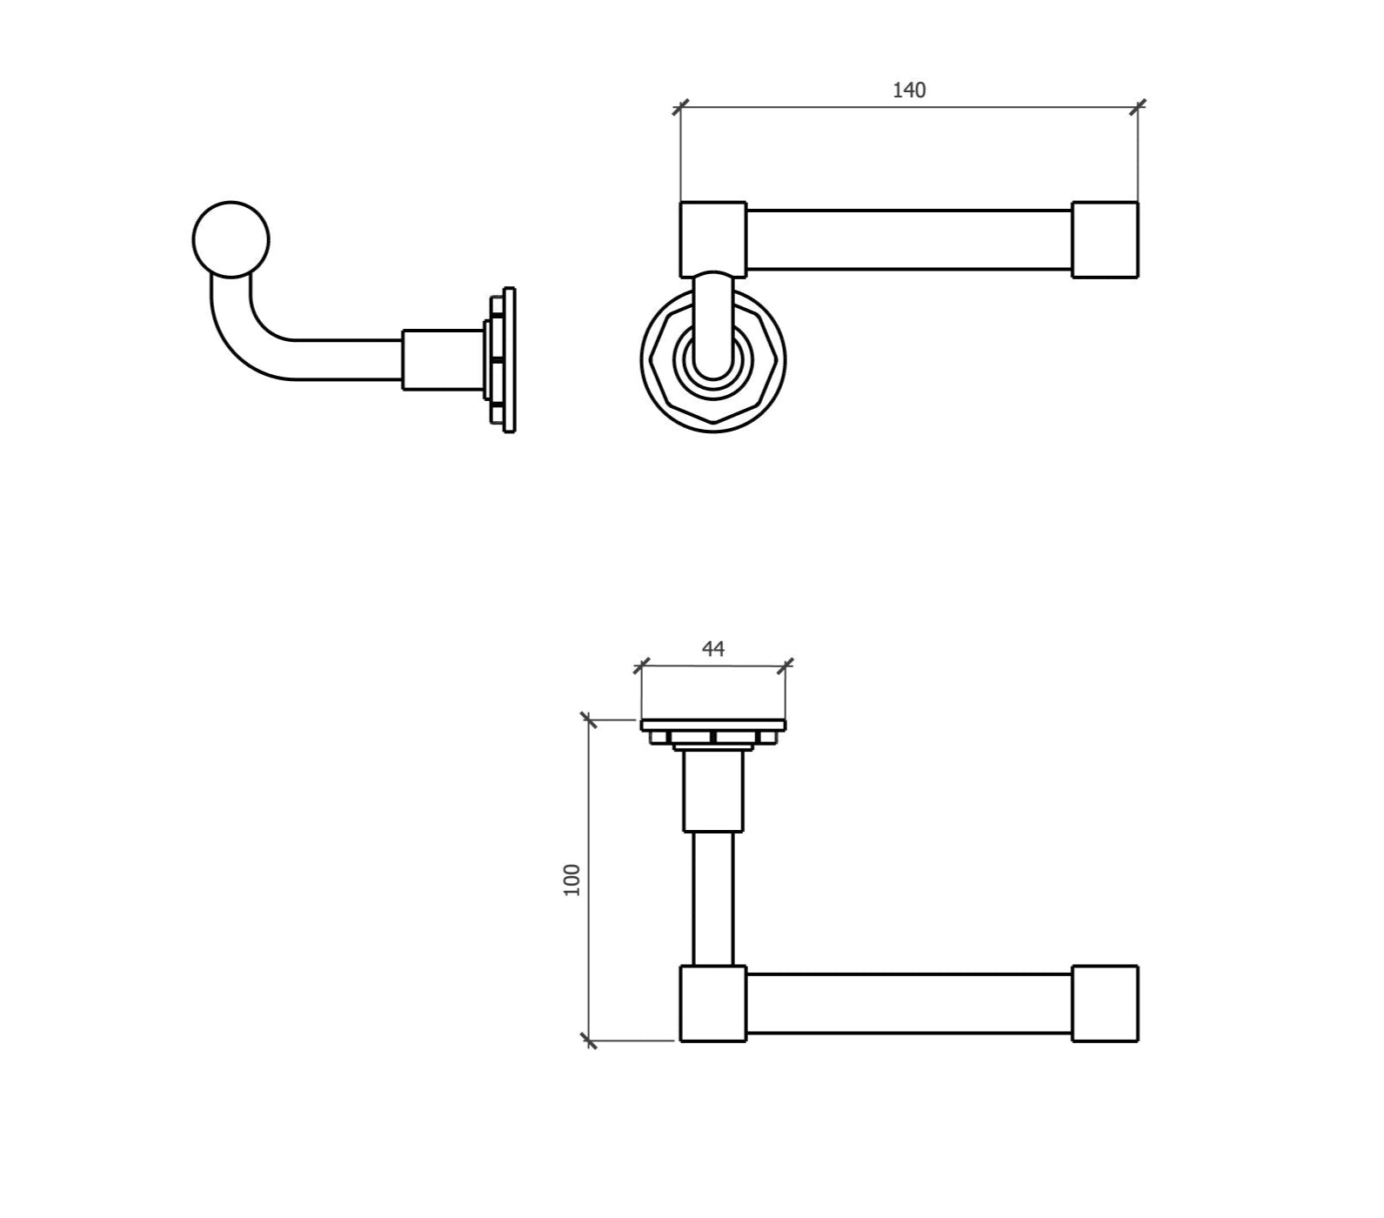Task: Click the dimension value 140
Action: pyautogui.click(x=909, y=90)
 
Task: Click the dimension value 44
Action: pyautogui.click(x=713, y=649)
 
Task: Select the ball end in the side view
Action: pyautogui.click(x=231, y=239)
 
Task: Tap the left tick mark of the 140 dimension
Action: pyautogui.click(x=680, y=108)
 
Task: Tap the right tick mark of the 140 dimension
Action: pyautogui.click(x=1138, y=108)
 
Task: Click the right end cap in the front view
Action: pyautogui.click(x=1105, y=240)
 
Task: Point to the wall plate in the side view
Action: pyautogui.click(x=510, y=360)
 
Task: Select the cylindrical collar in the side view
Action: pyautogui.click(x=443, y=359)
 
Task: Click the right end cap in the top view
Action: pyautogui.click(x=1105, y=1003)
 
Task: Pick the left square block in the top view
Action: pyautogui.click(x=712, y=1003)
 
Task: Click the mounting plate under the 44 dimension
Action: pyautogui.click(x=713, y=725)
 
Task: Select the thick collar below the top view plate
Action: pyautogui.click(x=713, y=792)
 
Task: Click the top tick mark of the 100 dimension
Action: pyautogui.click(x=589, y=720)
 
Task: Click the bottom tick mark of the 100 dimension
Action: pyautogui.click(x=589, y=1040)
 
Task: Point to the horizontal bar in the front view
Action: pyautogui.click(x=909, y=240)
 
